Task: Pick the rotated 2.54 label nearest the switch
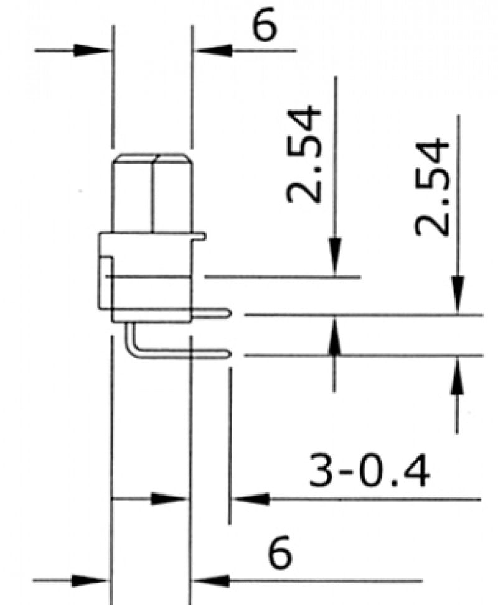point(305,155)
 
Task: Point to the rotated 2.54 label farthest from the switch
point(433,187)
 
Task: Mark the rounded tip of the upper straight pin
point(230,315)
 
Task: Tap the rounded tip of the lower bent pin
point(230,354)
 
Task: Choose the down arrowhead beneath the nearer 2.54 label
point(335,261)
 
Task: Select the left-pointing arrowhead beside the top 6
point(209,50)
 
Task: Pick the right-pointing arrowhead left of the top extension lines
point(93,50)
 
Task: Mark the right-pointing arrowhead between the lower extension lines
point(171,498)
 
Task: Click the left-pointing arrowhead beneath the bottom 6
point(209,581)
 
